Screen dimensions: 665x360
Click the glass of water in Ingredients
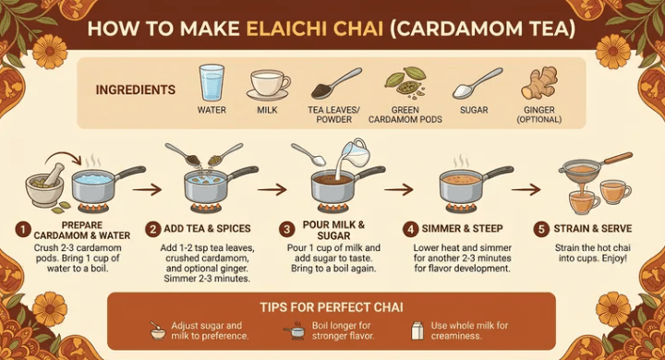[x=212, y=82]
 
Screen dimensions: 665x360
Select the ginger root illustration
[x=539, y=83]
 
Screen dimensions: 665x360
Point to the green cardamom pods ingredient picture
[x=405, y=81]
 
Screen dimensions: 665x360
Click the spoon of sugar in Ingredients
[x=478, y=84]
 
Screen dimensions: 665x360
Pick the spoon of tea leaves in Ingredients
[x=336, y=83]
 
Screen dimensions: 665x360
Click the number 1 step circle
[x=23, y=230]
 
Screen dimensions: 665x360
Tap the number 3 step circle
[x=286, y=230]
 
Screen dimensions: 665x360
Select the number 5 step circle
[x=541, y=230]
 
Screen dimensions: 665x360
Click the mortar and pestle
[x=45, y=186]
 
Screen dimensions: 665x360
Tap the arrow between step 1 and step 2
[x=147, y=189]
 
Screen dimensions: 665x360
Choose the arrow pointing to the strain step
[x=526, y=189]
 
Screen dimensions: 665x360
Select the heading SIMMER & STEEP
[x=462, y=229]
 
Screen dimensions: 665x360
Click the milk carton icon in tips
[x=417, y=330]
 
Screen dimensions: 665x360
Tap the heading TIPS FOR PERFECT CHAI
[x=332, y=307]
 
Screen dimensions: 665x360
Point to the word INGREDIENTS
[x=135, y=90]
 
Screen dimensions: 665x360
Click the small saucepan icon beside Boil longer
[x=295, y=330]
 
